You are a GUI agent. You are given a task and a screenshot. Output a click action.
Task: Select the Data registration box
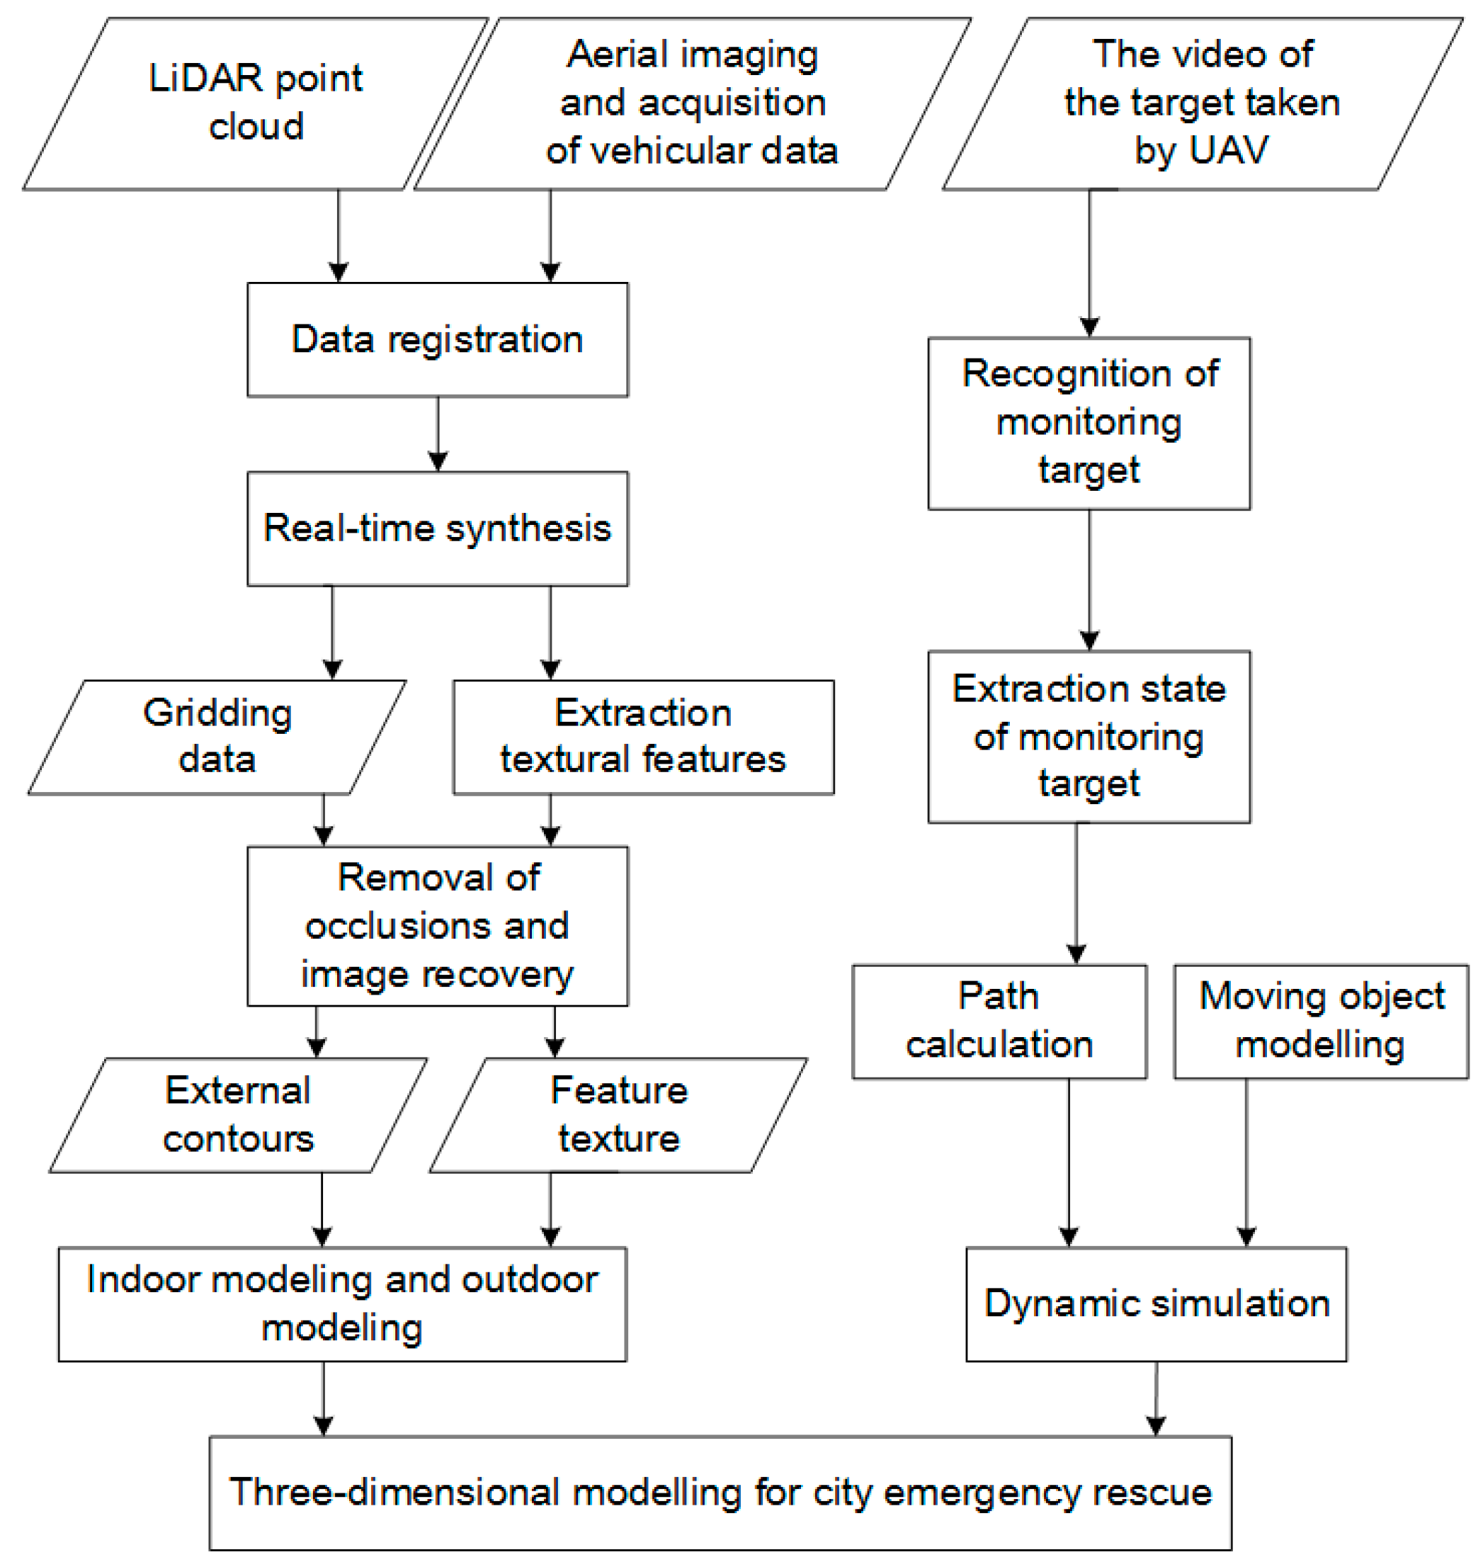(x=437, y=340)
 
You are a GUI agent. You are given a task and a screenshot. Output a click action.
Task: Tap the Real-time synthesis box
(x=437, y=529)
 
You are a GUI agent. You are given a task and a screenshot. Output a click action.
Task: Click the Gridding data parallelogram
(x=217, y=737)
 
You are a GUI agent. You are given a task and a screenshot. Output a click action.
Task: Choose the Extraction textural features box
(x=642, y=737)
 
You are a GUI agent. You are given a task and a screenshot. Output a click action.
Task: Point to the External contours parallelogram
(x=237, y=1115)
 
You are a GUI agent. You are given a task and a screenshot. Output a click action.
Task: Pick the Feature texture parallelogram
(x=618, y=1115)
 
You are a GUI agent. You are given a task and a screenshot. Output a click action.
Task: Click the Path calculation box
(x=999, y=1022)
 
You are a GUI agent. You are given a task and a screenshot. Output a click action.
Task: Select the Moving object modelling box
(x=1320, y=1022)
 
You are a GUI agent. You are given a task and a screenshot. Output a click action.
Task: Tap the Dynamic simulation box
(x=1156, y=1304)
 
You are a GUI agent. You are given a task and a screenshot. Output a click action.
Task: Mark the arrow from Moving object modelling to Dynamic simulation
(x=1246, y=1162)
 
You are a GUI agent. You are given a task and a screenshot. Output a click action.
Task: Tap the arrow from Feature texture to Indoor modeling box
(x=551, y=1210)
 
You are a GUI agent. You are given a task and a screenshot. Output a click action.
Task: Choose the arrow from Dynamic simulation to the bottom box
(x=1156, y=1398)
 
